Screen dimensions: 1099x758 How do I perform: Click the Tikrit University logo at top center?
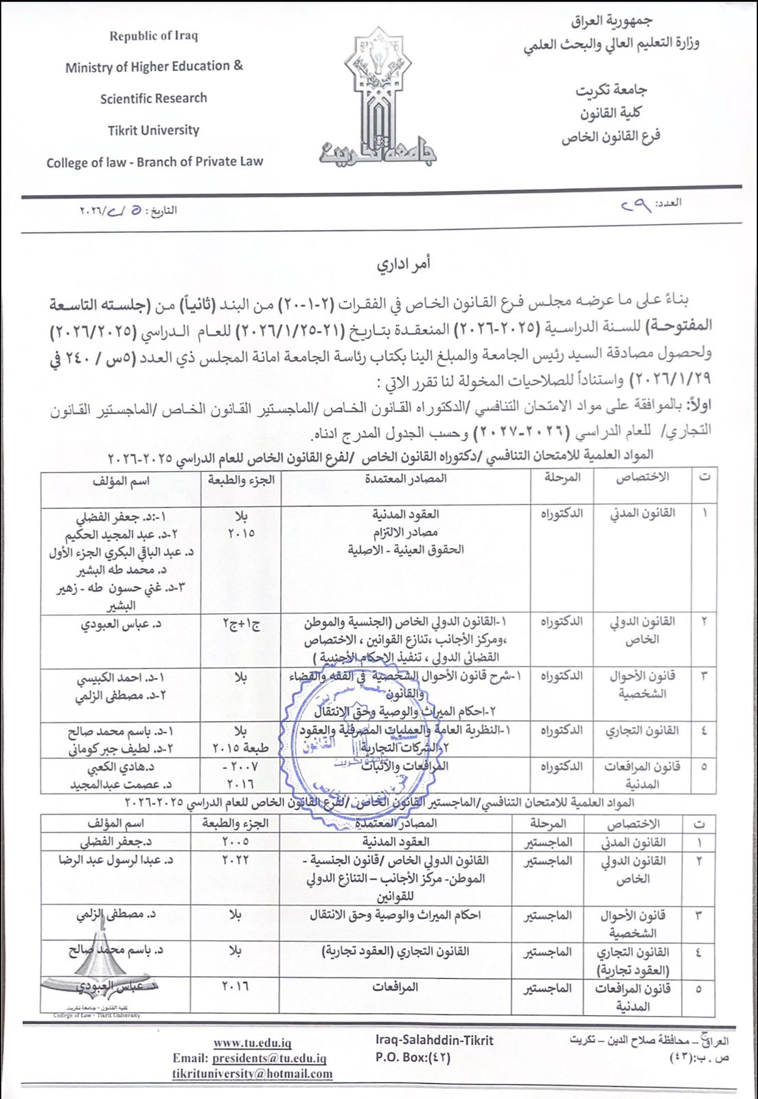pos(378,96)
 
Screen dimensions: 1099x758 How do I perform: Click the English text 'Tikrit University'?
pos(153,131)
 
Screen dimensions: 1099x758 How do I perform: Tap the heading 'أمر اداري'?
pos(404,264)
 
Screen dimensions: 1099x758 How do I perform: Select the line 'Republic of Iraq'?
pos(153,36)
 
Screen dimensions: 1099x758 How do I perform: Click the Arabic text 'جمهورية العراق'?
pos(612,22)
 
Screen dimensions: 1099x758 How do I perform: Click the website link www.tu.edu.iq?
pos(252,1043)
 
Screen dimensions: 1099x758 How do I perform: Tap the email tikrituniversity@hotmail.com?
pos(252,1074)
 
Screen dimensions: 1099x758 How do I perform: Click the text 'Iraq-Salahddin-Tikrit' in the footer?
pos(434,1041)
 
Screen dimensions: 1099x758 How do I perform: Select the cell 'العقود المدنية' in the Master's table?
pos(395,841)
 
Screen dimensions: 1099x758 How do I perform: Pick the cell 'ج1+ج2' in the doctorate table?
pos(241,624)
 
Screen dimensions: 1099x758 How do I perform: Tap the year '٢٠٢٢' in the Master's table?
pos(235,860)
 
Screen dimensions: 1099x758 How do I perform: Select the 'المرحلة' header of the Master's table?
pos(547,823)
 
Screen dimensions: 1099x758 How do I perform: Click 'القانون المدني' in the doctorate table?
pos(643,513)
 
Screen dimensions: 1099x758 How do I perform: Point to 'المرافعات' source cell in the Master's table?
pos(395,987)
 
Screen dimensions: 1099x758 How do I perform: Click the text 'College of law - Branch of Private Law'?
pos(154,163)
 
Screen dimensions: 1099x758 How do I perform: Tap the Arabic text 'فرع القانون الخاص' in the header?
pos(610,137)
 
